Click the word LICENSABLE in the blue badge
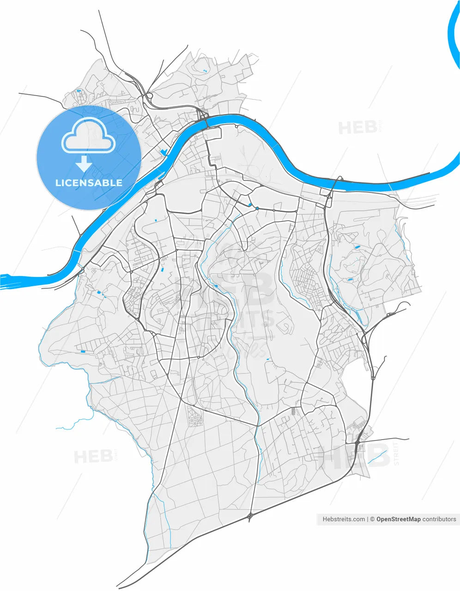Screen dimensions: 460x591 tap(89, 183)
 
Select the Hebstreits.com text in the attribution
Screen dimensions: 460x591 tap(344, 519)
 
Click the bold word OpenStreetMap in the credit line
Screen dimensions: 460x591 tap(398, 519)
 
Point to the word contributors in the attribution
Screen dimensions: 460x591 tap(439, 519)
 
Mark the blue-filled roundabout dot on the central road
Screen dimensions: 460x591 tap(257, 208)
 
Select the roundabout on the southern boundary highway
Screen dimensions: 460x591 tap(250, 515)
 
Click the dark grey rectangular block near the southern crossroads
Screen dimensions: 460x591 tap(293, 410)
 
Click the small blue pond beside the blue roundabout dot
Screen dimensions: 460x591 tap(250, 205)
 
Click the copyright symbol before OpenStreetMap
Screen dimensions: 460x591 tap(372, 519)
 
